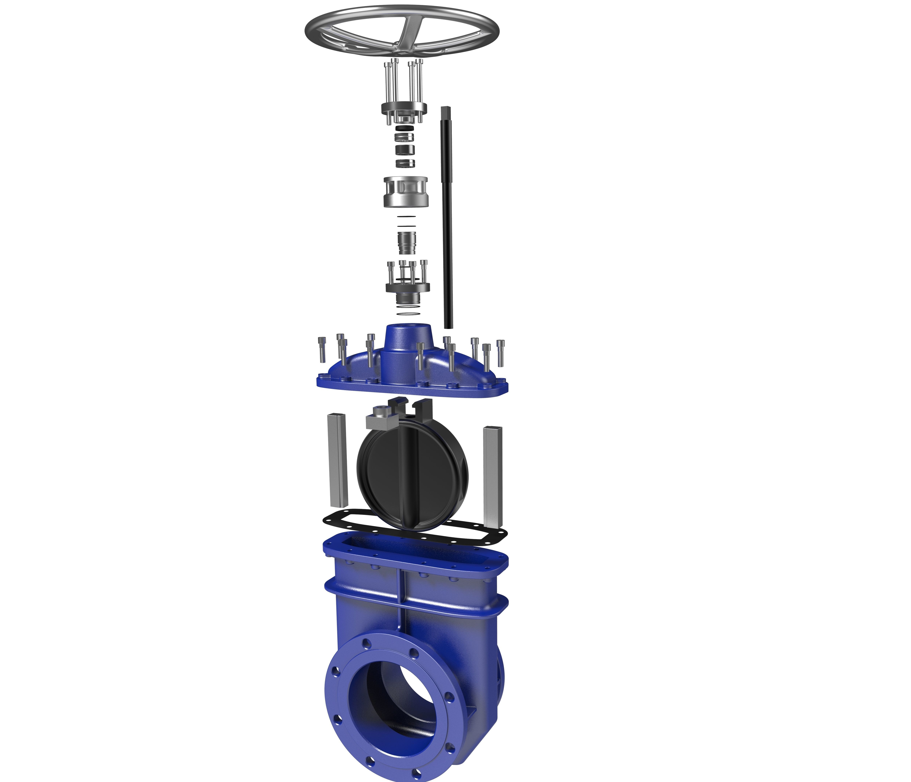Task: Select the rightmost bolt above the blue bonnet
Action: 500,351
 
